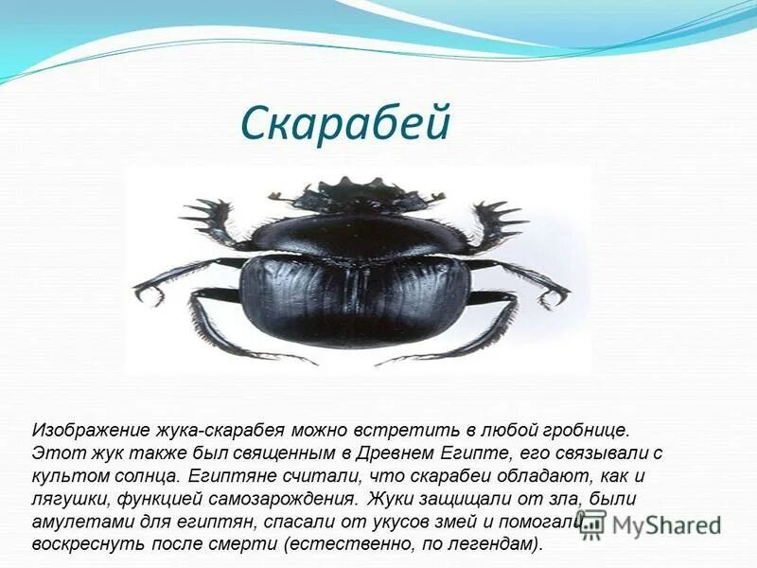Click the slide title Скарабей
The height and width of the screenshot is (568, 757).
click(x=344, y=123)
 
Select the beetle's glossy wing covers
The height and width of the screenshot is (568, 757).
click(x=355, y=303)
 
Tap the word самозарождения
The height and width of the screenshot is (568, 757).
click(x=295, y=499)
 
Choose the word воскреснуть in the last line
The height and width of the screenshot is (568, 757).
click(x=84, y=545)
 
